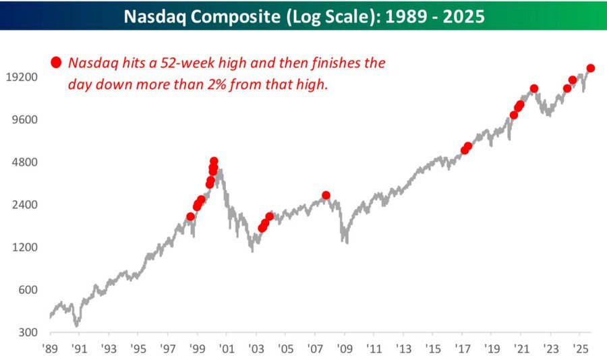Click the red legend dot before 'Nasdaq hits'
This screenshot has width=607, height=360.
[x=56, y=63]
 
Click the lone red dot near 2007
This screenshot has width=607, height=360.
[x=326, y=195]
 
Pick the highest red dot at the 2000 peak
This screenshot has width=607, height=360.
[x=214, y=162]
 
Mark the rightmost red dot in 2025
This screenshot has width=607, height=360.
[x=590, y=68]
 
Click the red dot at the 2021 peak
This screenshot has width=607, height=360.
[x=534, y=88]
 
